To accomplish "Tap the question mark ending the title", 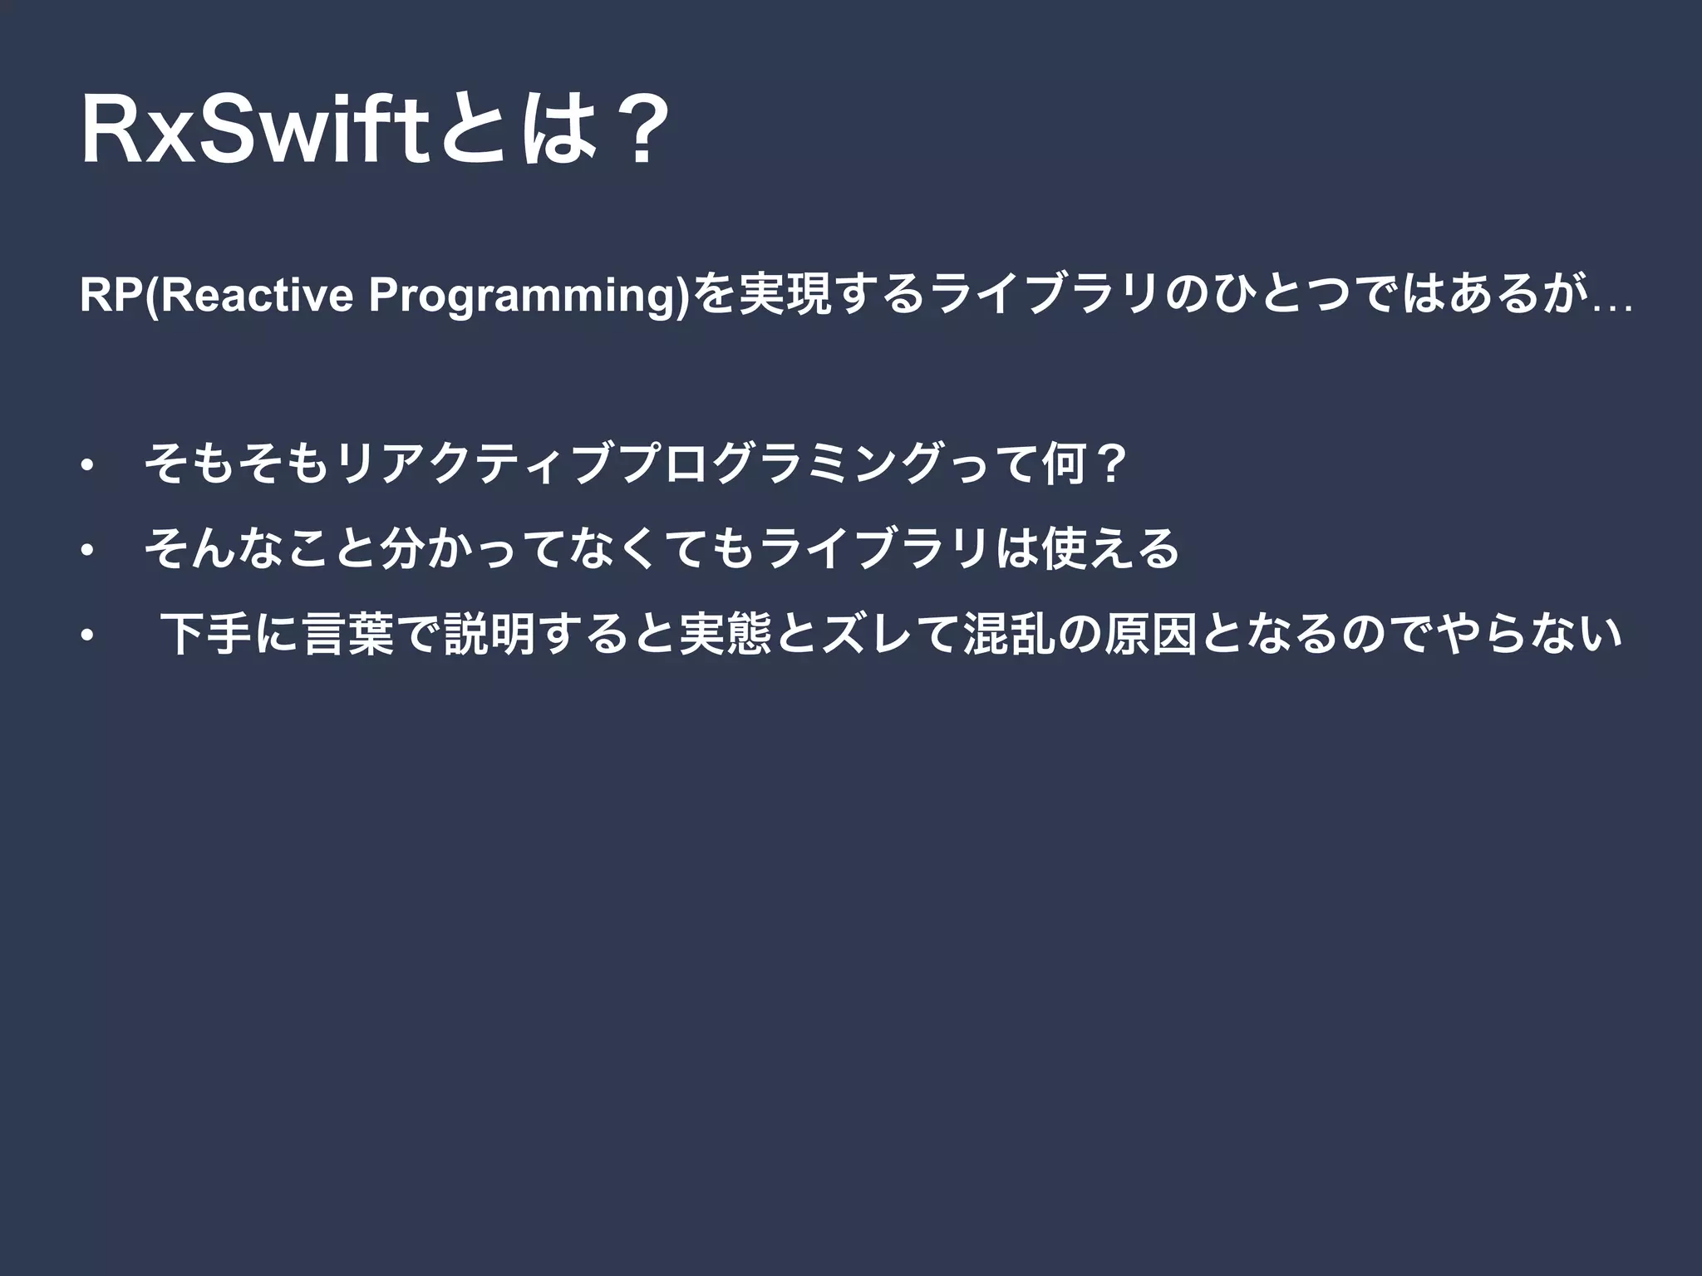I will [637, 132].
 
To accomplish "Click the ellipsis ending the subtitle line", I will [1609, 307].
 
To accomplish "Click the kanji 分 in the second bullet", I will [399, 548].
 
